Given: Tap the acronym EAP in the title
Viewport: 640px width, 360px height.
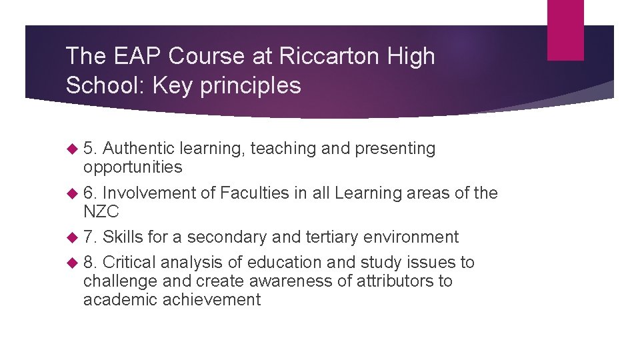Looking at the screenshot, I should pos(137,57).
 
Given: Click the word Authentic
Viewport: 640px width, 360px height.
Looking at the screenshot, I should pos(141,149).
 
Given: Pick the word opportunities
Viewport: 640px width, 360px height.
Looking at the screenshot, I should pos(133,167).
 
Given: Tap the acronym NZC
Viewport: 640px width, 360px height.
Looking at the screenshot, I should pos(101,212).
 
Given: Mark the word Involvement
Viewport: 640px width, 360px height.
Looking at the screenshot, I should pos(149,193).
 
